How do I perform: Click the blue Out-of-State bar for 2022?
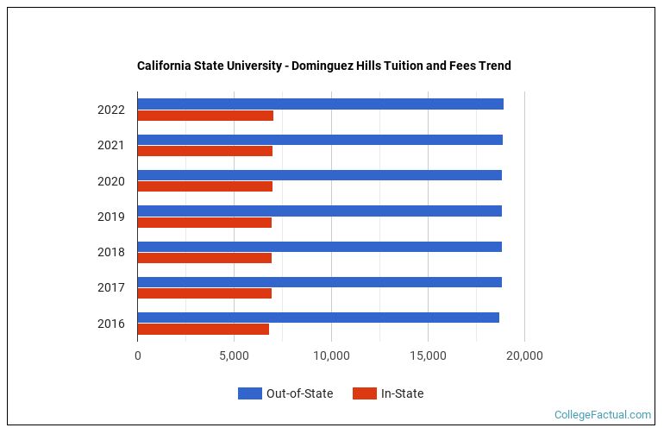point(320,104)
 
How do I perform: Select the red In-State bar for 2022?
point(205,116)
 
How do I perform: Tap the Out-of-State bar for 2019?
point(319,211)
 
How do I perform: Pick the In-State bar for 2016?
point(203,329)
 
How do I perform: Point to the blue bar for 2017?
point(319,282)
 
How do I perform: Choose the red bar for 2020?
point(204,186)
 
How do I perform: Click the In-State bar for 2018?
point(204,258)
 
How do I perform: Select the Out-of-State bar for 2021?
point(319,140)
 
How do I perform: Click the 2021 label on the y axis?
point(111,145)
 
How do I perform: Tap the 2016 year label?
point(111,324)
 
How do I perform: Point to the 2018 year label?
point(111,252)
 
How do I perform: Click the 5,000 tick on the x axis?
point(235,355)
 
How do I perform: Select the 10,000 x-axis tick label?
point(331,355)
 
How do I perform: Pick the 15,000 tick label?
point(428,355)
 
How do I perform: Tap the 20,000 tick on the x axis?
point(524,355)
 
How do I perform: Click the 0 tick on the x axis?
point(138,355)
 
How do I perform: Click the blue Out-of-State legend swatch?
point(249,394)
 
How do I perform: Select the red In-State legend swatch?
point(365,394)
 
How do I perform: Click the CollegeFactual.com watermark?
point(603,415)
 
